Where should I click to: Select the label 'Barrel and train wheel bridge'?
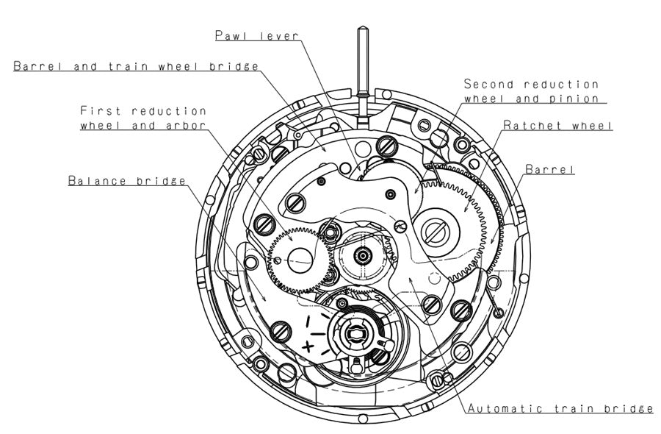[136, 66]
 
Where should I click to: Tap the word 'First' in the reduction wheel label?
[102, 111]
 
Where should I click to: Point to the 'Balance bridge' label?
[126, 180]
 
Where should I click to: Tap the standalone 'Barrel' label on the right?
[549, 169]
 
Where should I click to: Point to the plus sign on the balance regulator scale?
[308, 346]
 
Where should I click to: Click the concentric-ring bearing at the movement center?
[363, 255]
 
